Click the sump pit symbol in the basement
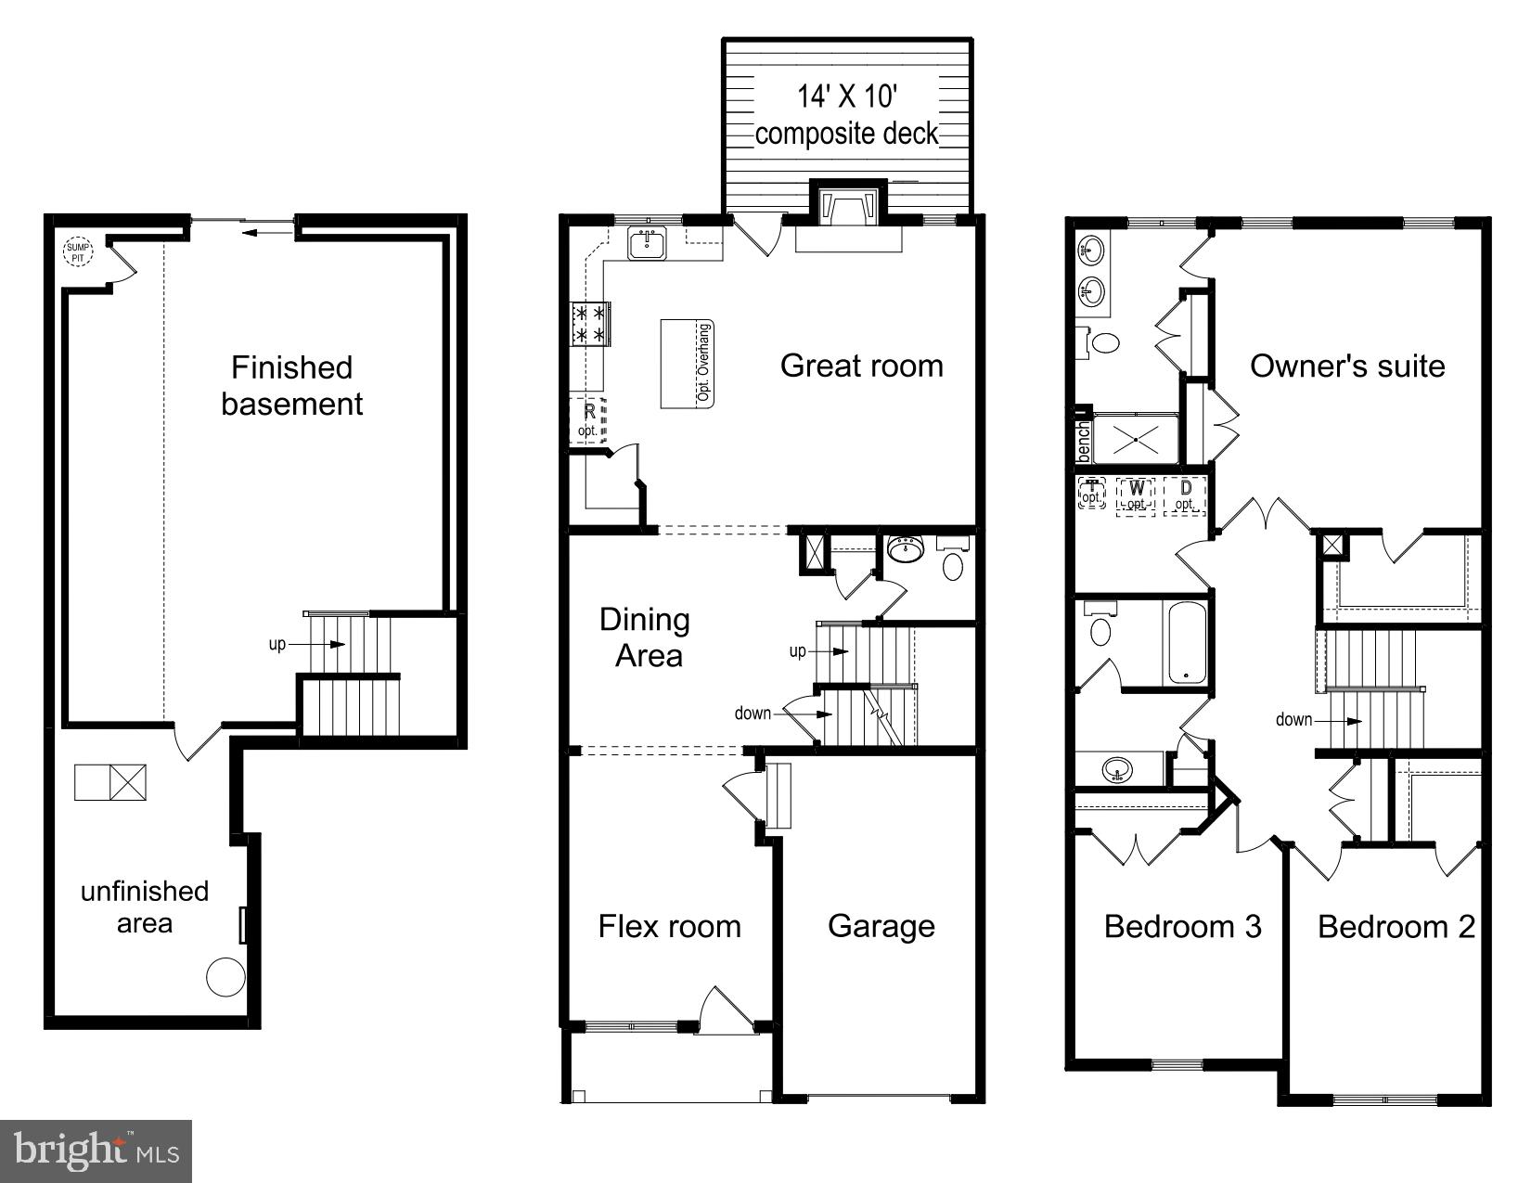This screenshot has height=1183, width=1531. coord(78,251)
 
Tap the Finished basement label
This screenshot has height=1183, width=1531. coord(291,385)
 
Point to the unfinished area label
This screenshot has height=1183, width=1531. coord(145,907)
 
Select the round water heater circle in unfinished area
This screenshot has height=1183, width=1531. coord(225,977)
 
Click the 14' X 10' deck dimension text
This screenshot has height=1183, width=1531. coord(847,96)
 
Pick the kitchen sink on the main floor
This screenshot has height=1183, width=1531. coord(647,243)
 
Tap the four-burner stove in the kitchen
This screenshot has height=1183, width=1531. coord(590,324)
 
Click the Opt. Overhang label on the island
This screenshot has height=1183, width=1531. coord(703,363)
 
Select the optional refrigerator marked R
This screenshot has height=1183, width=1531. coord(588,420)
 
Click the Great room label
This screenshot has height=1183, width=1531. coord(862,366)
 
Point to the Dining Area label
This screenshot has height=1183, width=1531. coord(646,637)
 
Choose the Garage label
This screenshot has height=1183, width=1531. coord(881,927)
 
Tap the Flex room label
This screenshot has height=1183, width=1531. coord(669,927)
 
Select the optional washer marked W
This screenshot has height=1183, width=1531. coord(1136,496)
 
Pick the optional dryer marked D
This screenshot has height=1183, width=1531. coord(1185,496)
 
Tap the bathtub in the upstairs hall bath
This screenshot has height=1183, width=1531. coord(1187,643)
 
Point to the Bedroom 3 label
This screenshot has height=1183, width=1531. coord(1182,927)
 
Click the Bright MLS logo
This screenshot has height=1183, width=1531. coord(96,1151)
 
